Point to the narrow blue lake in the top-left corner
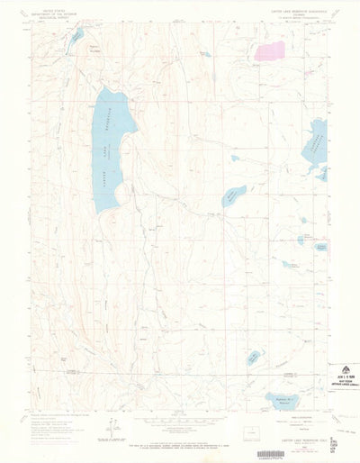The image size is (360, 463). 78,35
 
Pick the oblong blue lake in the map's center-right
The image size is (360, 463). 233,193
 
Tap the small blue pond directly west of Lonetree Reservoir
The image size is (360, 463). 235,159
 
